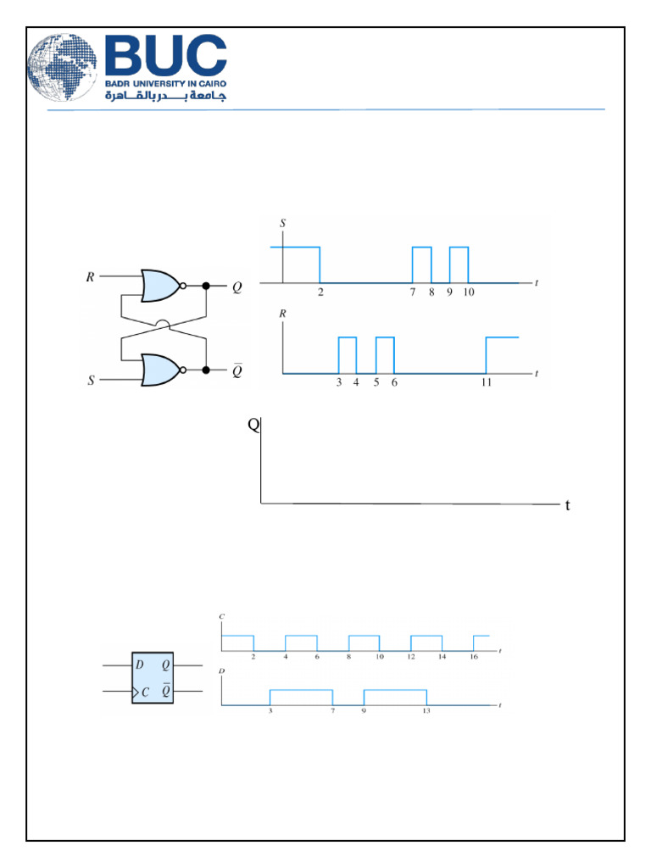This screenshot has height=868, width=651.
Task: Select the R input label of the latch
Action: tap(91, 276)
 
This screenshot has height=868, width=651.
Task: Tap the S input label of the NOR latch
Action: tap(91, 381)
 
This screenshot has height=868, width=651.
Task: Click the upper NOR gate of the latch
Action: tap(162, 287)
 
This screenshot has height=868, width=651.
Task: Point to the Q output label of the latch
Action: tap(237, 287)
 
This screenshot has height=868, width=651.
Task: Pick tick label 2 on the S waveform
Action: tap(320, 292)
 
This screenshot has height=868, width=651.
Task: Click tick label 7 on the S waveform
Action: tap(413, 292)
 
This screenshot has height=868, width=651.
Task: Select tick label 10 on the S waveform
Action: tap(469, 292)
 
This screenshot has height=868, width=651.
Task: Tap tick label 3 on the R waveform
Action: tap(338, 383)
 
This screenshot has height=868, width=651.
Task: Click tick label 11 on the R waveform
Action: tap(487, 383)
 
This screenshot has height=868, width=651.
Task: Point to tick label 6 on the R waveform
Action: tap(394, 383)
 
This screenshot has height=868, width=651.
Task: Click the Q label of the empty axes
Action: tap(253, 426)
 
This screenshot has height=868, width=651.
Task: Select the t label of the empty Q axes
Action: tap(567, 506)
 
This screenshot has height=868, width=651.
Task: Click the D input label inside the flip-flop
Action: tap(139, 665)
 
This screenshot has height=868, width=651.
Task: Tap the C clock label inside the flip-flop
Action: tap(146, 692)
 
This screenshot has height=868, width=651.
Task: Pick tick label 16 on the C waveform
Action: tap(474, 658)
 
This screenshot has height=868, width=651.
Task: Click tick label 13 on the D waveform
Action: tap(426, 711)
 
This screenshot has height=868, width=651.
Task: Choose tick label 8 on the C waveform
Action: tap(348, 658)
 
